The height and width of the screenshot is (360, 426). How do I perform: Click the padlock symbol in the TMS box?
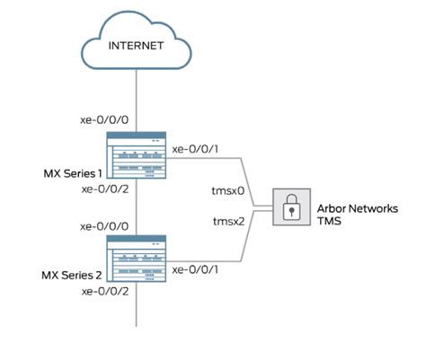289,210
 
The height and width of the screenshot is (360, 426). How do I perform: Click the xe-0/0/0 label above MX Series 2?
106,225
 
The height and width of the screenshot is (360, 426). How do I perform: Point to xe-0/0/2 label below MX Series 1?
106,189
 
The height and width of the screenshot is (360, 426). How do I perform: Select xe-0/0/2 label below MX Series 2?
106,292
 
